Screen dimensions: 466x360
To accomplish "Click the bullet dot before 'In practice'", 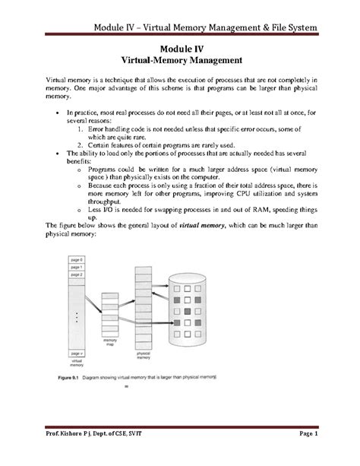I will [x=58, y=111].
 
